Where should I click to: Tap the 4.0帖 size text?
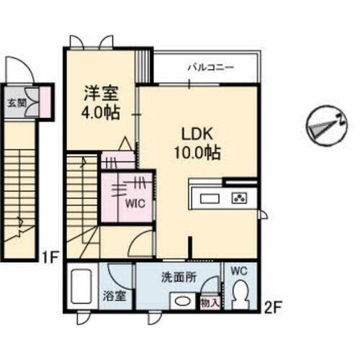tap(101, 113)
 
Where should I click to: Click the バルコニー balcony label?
tap(210, 67)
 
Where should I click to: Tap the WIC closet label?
tap(137, 203)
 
